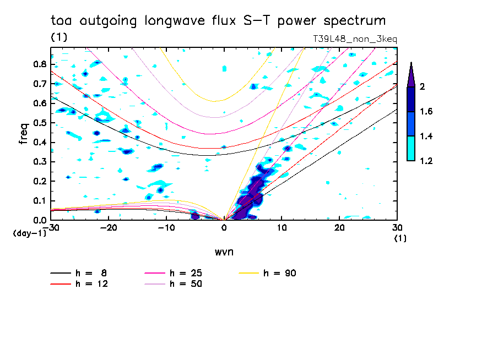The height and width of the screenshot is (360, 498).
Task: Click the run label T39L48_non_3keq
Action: point(354,39)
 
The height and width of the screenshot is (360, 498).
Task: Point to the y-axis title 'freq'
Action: point(23,134)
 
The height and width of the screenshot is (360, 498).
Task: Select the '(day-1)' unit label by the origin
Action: point(29,233)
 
